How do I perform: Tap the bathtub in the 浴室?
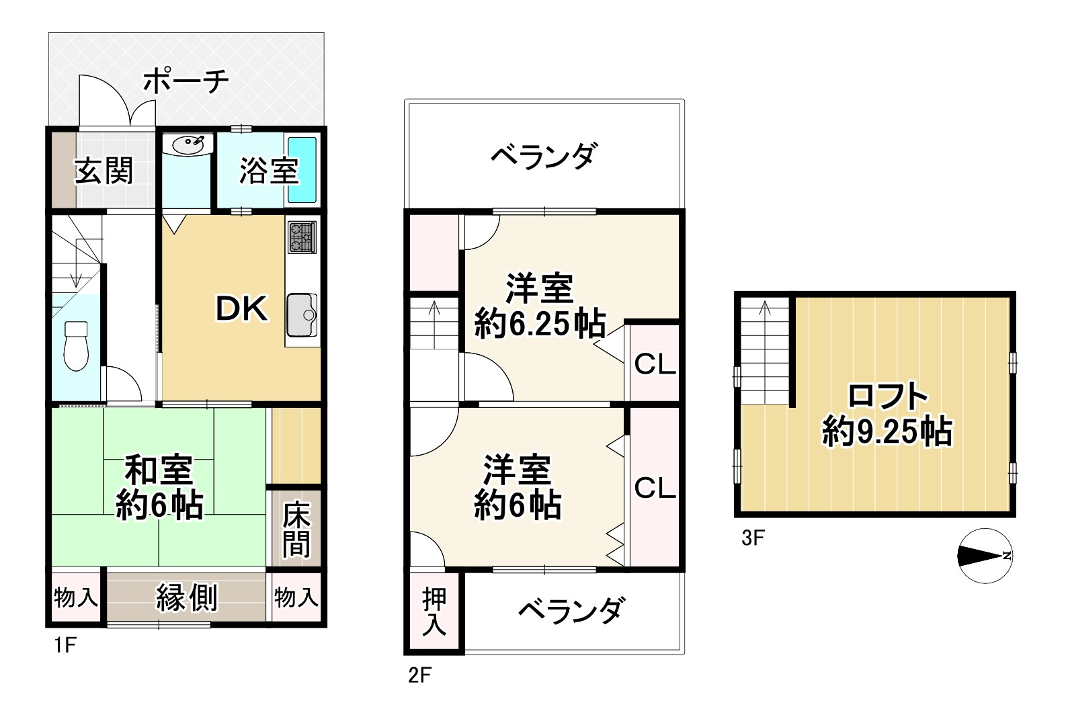[x=302, y=170]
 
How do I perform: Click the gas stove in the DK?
[x=302, y=238]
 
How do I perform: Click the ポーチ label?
[x=186, y=82]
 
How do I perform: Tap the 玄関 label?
[x=104, y=171]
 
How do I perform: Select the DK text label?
[x=241, y=309]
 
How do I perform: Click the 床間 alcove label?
[x=296, y=530]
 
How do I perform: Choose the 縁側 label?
[x=186, y=597]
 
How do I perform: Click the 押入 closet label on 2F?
[x=434, y=612]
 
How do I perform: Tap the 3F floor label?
[x=753, y=538]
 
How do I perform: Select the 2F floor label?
[x=419, y=674]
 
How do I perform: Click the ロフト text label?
[x=887, y=397]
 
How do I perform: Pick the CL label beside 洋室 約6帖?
[x=655, y=488]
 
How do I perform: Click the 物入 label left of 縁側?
[x=75, y=597]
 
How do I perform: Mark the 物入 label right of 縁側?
[x=296, y=597]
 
